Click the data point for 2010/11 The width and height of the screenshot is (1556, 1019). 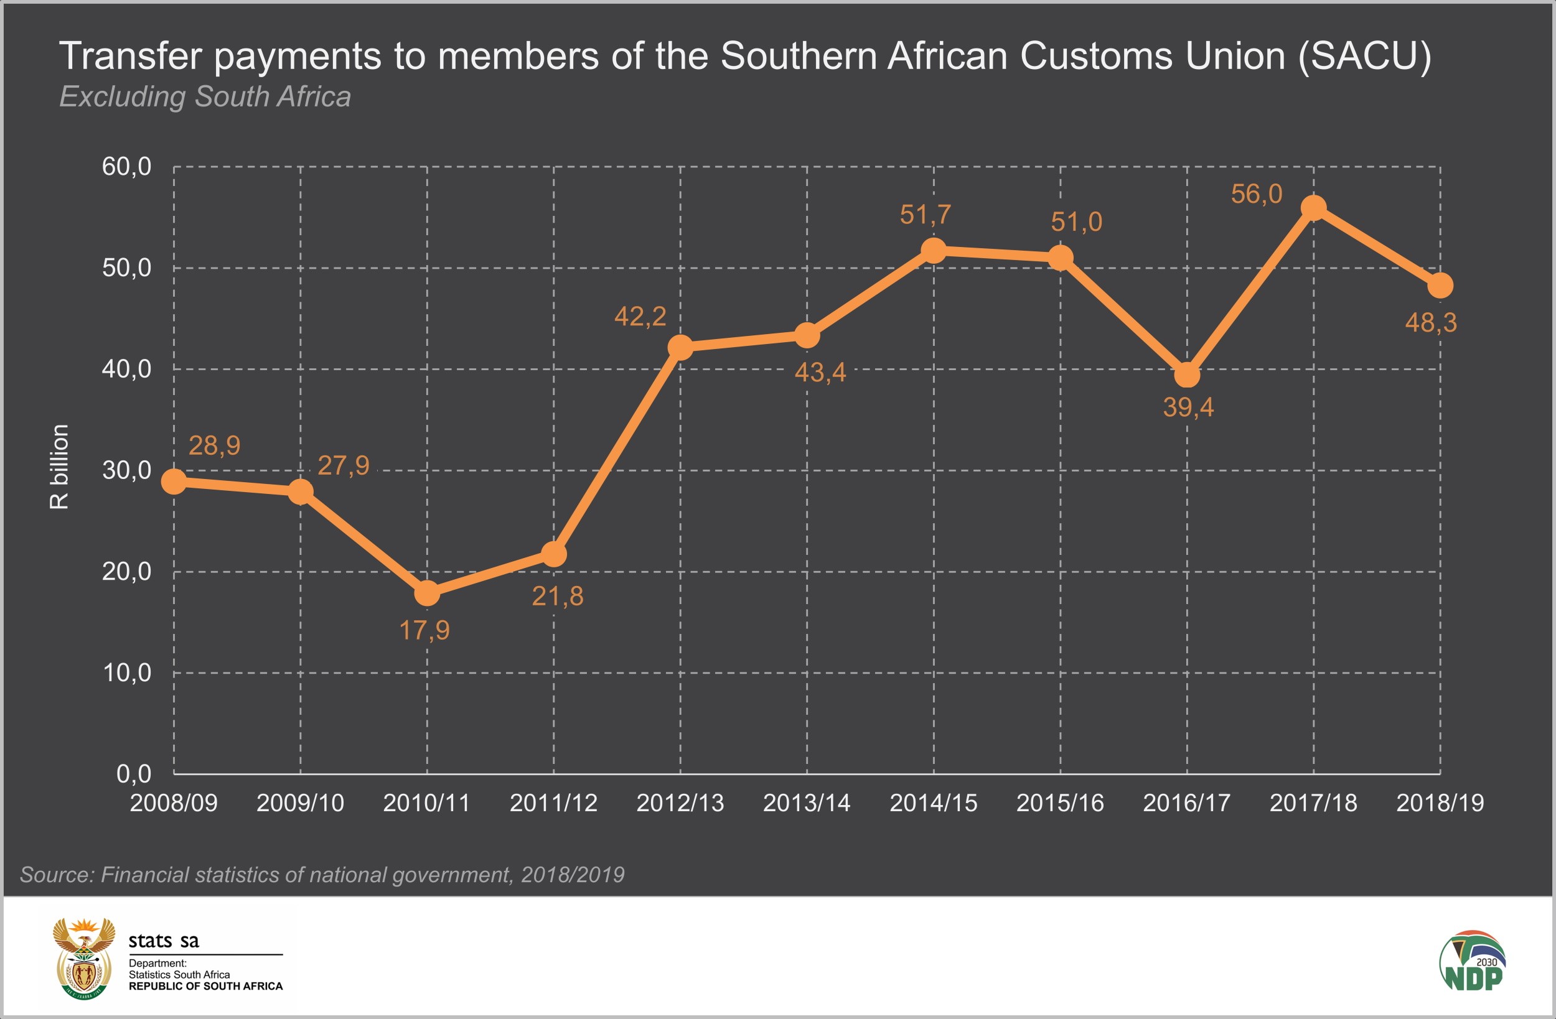pos(427,593)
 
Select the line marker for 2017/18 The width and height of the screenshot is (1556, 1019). pos(1313,208)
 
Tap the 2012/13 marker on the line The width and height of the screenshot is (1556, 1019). pos(680,347)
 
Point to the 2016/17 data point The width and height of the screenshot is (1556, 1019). pos(1187,375)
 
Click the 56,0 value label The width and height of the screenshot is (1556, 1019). pos(1256,194)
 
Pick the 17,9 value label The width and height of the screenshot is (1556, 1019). pos(424,631)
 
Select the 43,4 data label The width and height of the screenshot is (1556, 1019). pos(820,373)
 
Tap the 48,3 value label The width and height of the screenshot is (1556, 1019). pos(1430,323)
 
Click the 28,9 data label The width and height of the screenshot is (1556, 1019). pos(215,446)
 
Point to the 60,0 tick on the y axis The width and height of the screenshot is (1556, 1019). pos(126,167)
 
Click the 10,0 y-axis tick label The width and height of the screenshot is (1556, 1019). pos(126,672)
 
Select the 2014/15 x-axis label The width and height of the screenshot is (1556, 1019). pos(933,803)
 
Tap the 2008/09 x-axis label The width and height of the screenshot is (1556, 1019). pos(173,803)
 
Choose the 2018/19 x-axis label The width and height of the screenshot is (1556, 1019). pos(1440,803)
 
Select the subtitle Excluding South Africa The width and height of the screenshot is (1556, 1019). pos(205,96)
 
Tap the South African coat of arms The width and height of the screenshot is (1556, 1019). pos(83,958)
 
